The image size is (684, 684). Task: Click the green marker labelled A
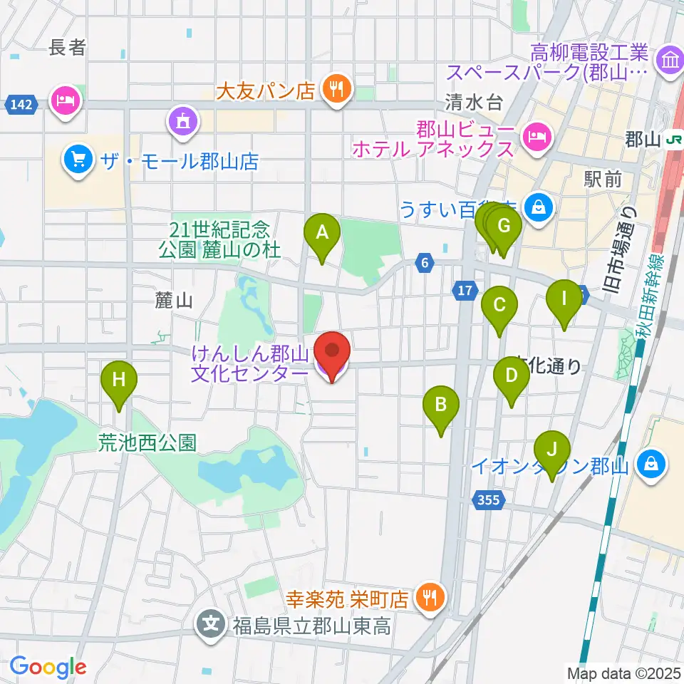click(322, 232)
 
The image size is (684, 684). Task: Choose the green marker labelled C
click(499, 306)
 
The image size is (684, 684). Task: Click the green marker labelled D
click(511, 376)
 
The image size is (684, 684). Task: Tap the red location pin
click(333, 351)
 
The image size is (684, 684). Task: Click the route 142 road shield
click(21, 105)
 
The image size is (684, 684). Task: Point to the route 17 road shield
click(464, 290)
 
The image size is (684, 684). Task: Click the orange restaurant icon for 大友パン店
click(334, 89)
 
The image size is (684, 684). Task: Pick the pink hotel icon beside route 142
click(66, 100)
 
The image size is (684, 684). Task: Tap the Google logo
click(48, 668)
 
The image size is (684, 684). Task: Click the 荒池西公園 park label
click(147, 443)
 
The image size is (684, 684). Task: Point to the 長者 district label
click(68, 48)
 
